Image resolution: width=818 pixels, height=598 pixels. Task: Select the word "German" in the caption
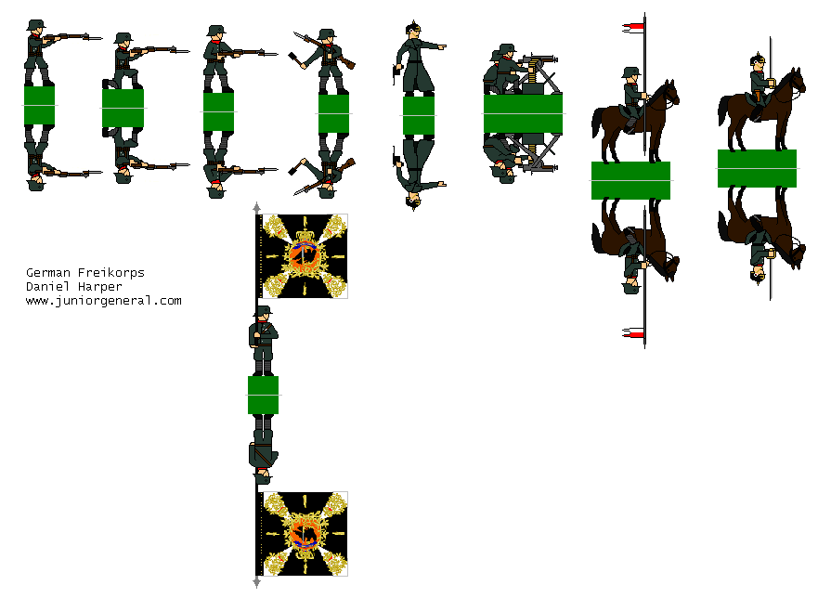point(45,273)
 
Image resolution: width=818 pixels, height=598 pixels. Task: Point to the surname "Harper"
point(95,287)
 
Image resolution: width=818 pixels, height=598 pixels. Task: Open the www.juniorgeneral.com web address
point(103,301)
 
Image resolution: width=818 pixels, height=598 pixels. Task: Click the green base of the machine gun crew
point(524,113)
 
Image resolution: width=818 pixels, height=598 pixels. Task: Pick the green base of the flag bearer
point(263,395)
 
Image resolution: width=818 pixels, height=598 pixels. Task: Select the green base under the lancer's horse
point(630,180)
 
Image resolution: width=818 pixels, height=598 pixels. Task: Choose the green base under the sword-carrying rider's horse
point(757,168)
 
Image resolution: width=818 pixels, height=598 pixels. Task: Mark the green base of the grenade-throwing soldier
point(333,113)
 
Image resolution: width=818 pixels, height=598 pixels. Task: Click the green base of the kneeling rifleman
point(123,108)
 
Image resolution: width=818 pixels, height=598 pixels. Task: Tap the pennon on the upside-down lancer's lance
point(634,332)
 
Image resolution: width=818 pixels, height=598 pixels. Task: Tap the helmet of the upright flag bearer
point(263,312)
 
